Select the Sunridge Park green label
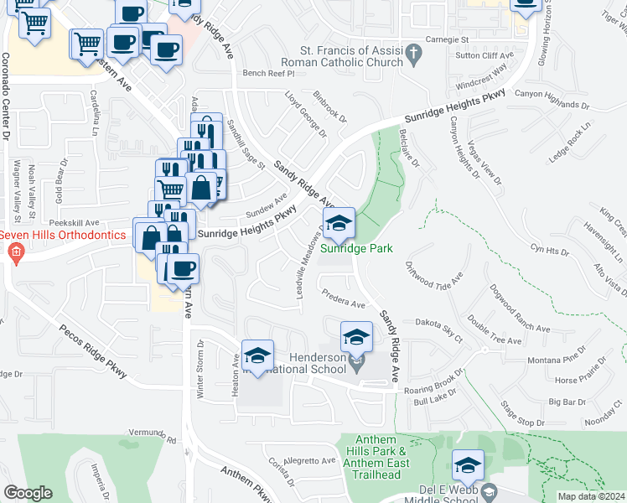coord(356,249)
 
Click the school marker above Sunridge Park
coord(339,223)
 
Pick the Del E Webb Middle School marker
coord(468,465)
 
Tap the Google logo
coord(28,493)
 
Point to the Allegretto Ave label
coord(309,461)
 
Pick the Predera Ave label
coord(344,298)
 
